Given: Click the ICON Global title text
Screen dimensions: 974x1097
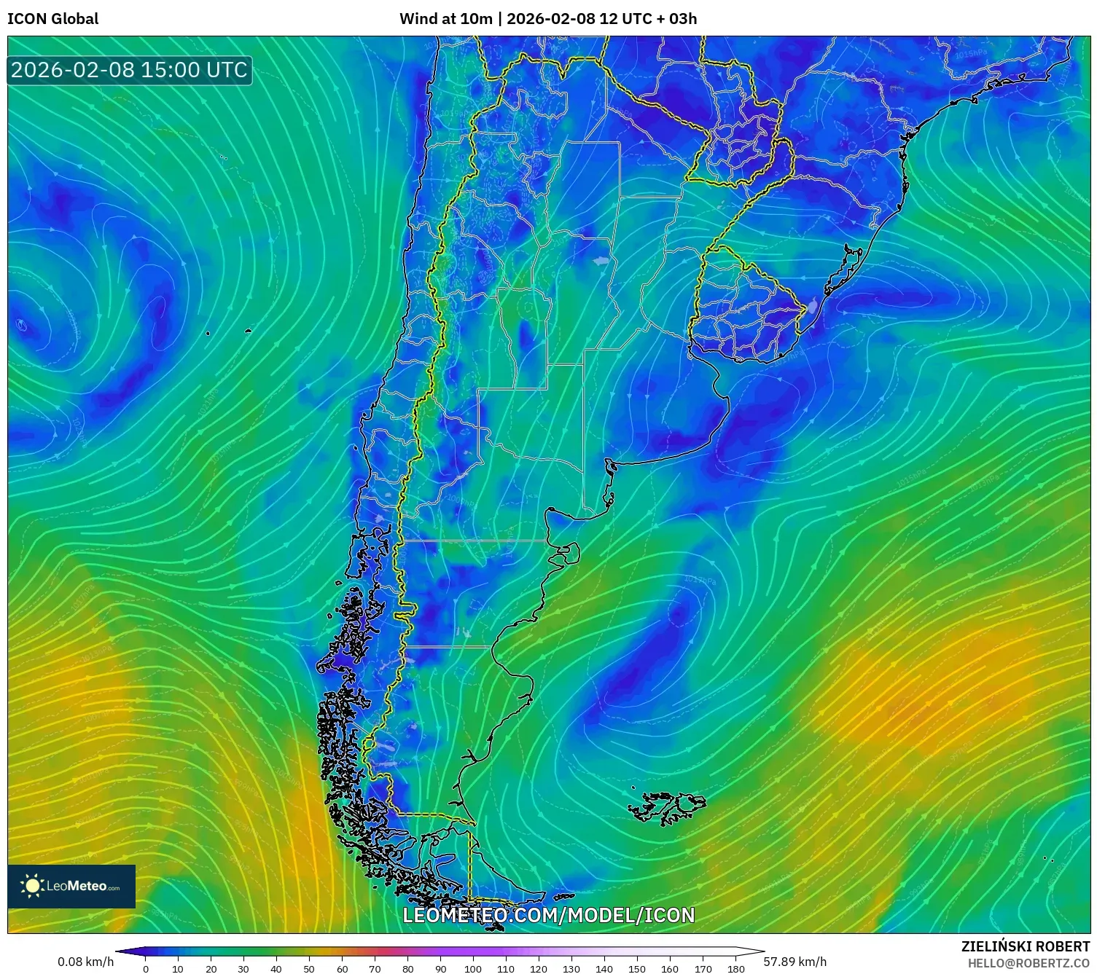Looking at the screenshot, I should [52, 19].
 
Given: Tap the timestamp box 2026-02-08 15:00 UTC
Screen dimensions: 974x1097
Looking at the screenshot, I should [129, 70].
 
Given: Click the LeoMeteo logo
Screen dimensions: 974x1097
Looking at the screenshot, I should [71, 886].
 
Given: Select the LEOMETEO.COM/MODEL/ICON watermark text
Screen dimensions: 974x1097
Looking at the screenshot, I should [548, 915].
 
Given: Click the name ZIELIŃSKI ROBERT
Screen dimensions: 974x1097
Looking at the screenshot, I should [1025, 946].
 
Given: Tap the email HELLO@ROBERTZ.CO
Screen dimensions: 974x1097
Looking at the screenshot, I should [1028, 962].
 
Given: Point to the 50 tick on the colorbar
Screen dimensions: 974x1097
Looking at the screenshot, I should [309, 968].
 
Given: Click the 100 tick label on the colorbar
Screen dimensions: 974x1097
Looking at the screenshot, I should [473, 968].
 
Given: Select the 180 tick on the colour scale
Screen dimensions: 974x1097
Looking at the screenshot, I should [735, 968].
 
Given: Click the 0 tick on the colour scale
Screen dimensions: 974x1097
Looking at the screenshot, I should [146, 968].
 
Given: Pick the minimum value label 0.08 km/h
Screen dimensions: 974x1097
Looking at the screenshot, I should [85, 962].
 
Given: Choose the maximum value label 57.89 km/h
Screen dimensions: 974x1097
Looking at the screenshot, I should [795, 962].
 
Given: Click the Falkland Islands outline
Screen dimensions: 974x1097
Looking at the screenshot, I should [667, 807].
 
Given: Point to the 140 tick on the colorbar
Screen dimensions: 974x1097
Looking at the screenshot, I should [604, 968].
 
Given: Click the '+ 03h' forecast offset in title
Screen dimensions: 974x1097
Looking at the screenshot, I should [677, 19].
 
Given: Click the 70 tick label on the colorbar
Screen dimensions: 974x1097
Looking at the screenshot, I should [375, 968].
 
